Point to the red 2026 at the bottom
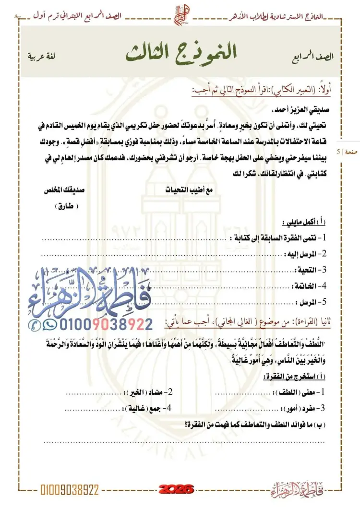(x=176, y=490)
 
